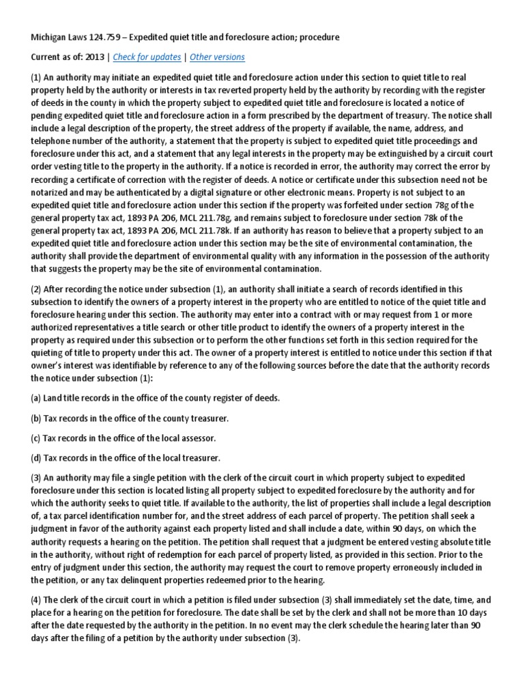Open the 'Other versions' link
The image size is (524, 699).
tap(217, 57)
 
